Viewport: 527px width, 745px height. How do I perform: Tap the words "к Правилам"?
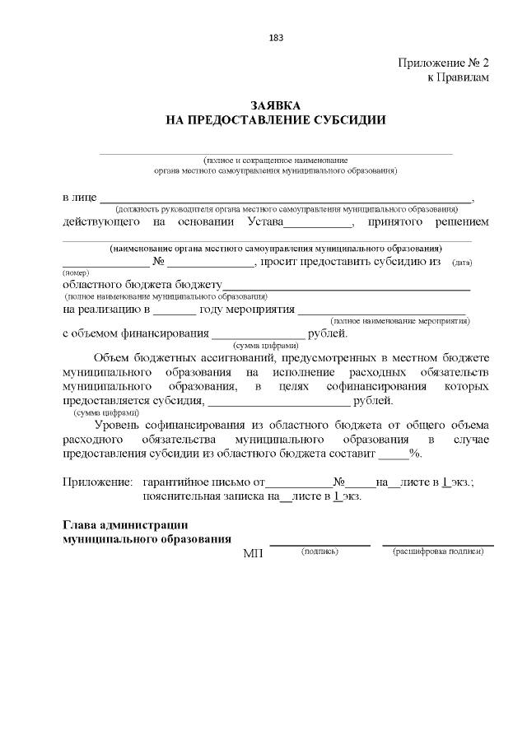point(458,77)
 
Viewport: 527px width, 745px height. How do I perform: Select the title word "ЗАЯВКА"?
point(276,106)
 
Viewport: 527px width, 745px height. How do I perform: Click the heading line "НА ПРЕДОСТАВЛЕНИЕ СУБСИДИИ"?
point(276,120)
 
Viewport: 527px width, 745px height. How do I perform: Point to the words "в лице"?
point(79,198)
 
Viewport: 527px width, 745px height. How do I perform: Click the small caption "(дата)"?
point(462,263)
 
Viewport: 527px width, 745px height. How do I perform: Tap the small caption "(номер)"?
point(75,272)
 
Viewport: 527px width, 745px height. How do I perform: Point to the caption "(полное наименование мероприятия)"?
point(399,319)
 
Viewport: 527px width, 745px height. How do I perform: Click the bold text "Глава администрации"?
point(126,525)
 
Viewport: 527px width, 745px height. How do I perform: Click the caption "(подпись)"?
point(320,551)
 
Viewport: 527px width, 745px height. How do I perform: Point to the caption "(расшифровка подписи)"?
point(438,551)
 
